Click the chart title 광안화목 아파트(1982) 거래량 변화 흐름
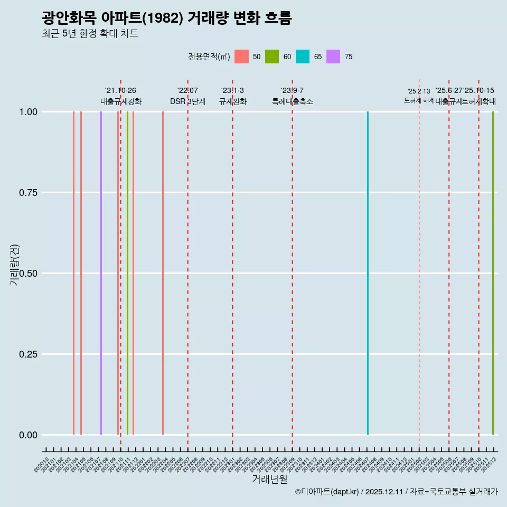coord(167,18)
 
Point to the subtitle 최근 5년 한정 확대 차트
coord(90,34)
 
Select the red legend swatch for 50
coord(241,57)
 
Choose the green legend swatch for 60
coord(272,57)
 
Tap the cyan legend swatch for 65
coord(303,57)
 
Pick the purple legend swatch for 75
coord(333,57)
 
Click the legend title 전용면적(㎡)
coord(209,57)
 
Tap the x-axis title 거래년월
coord(269,480)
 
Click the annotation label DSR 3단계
coord(187,101)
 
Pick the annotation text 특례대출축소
coord(292,101)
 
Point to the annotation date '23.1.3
coord(232,91)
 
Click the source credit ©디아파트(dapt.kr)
coord(327,492)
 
